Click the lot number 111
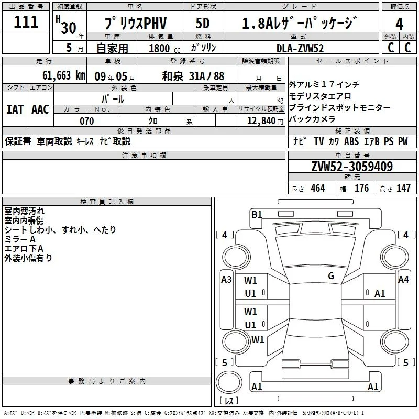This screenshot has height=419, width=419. pos(26,22)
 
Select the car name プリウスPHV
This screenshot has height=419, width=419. pos(136,23)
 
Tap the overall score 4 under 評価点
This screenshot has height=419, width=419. pos(399,24)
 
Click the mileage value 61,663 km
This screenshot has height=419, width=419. pos(64,75)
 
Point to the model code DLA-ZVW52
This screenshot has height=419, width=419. pos(300,48)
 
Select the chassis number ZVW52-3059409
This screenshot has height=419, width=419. pos(352,167)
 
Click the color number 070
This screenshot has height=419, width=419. pos(87,121)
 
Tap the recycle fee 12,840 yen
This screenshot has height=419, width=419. pos(265,121)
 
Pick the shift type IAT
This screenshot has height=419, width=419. pos(15,109)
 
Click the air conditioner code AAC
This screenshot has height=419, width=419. pos(40,109)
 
